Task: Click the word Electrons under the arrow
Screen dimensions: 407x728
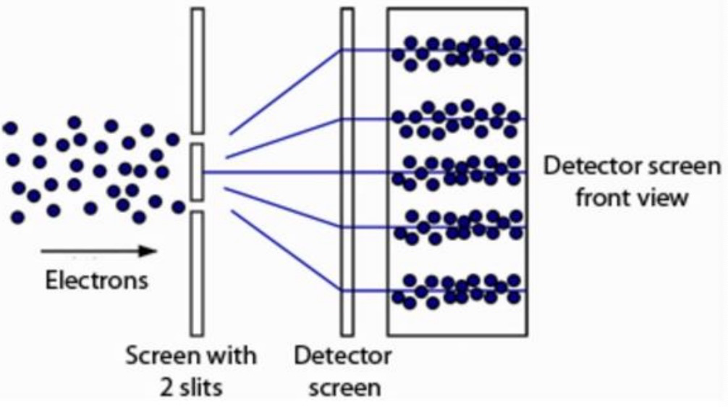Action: [x=97, y=280]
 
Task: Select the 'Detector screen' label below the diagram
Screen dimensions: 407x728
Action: [x=344, y=371]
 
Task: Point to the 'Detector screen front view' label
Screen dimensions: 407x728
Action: [x=632, y=181]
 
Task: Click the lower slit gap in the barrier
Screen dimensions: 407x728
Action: [x=198, y=206]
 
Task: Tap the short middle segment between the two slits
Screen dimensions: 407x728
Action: [x=198, y=172]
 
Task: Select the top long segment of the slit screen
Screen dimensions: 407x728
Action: [x=198, y=70]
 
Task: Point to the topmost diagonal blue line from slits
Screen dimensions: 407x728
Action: [x=286, y=92]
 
